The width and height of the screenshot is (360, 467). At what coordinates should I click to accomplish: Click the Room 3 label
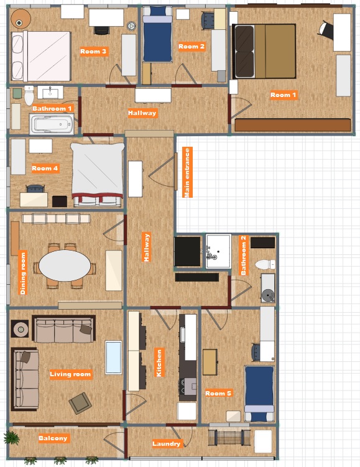(x=93, y=52)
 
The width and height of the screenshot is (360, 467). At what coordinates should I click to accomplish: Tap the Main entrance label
(x=187, y=172)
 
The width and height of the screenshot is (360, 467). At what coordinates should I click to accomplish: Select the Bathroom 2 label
(x=244, y=255)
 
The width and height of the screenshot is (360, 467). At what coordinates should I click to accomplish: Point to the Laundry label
(x=167, y=444)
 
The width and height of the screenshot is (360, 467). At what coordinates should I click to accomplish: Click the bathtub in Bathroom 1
(x=52, y=124)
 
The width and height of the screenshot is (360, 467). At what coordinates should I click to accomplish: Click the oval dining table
(x=65, y=266)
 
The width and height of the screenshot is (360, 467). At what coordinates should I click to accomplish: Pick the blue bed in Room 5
(x=259, y=394)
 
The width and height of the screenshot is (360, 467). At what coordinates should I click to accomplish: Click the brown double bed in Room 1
(x=264, y=51)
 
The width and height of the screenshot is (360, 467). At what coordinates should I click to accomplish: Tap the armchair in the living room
(x=80, y=403)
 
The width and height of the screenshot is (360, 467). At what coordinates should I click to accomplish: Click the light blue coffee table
(x=113, y=358)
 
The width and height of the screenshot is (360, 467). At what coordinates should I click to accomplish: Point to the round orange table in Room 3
(x=21, y=19)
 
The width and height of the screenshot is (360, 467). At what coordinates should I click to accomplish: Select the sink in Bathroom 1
(x=50, y=92)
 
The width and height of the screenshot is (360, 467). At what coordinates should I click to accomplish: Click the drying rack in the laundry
(x=229, y=438)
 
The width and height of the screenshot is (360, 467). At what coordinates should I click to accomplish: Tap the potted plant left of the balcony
(x=12, y=438)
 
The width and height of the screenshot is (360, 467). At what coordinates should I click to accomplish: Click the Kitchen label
(x=159, y=363)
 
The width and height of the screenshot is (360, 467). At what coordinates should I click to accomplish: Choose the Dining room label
(x=23, y=273)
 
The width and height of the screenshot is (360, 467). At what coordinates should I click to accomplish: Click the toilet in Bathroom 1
(x=29, y=95)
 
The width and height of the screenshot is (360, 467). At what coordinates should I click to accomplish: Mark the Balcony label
(x=53, y=438)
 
